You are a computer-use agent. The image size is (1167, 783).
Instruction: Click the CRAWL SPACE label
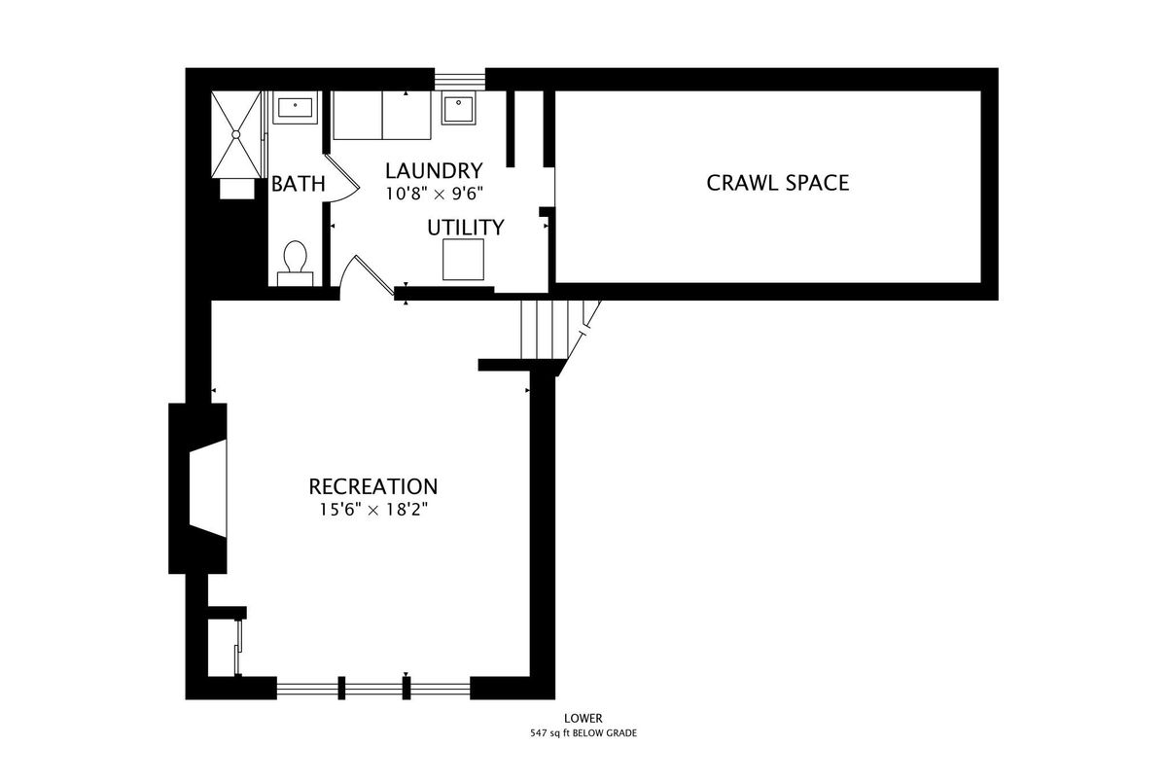777,183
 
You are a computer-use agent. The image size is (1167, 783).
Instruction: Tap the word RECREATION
373,486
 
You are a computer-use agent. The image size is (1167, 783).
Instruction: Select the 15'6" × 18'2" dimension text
373,509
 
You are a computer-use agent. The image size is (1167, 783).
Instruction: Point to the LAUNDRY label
434,171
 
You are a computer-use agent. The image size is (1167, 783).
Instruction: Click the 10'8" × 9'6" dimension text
434,194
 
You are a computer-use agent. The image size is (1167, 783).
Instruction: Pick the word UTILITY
465,228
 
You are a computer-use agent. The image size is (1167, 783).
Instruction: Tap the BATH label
298,184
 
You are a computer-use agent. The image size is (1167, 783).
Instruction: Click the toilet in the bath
296,263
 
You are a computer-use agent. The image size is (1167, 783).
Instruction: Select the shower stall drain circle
236,134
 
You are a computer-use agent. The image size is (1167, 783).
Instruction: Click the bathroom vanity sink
296,108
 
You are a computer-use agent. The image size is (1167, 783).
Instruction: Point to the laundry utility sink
458,108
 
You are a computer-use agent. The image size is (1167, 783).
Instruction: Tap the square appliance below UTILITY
463,260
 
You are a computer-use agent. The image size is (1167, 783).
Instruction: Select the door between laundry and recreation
367,277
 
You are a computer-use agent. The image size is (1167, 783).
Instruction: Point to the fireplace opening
208,488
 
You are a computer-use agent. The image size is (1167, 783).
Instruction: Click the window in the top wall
460,80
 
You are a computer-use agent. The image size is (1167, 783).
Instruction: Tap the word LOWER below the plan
583,719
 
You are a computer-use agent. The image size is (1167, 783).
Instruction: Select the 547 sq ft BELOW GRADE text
583,733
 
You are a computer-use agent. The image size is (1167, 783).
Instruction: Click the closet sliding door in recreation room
238,647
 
